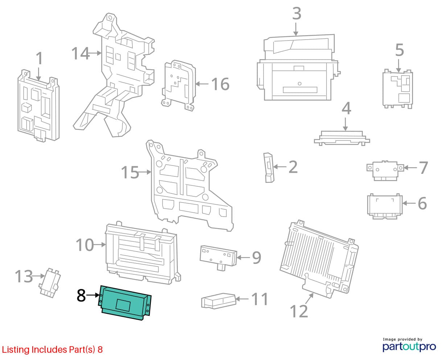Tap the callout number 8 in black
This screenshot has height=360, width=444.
tap(81, 296)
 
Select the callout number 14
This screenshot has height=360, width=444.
tap(79, 53)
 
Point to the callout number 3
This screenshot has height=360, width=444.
tap(296, 14)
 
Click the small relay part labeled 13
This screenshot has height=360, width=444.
tap(50, 282)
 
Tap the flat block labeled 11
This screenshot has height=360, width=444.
tap(219, 301)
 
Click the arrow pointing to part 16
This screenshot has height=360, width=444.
tap(202, 84)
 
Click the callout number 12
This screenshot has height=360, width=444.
tap(299, 311)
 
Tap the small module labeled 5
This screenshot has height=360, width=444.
tap(398, 89)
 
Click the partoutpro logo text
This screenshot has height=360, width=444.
tap(409, 347)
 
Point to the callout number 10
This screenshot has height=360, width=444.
tap(85, 245)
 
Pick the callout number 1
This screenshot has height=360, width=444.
tap(39, 59)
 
